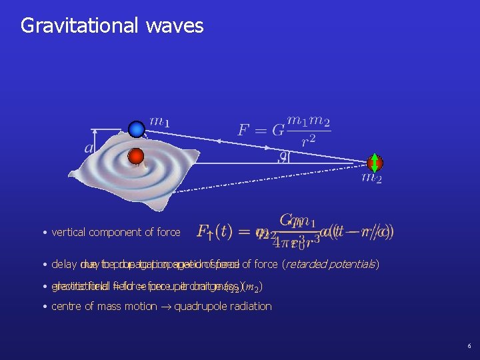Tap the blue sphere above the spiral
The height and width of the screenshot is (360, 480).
tap(137, 129)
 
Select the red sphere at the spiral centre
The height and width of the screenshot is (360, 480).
tap(136, 157)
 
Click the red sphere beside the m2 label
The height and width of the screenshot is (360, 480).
tap(375, 163)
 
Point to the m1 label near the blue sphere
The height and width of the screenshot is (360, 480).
tap(159, 122)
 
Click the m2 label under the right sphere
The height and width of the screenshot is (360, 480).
tap(371, 177)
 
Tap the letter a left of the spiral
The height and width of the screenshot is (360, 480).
tap(89, 147)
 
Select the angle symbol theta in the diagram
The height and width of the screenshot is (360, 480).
tap(284, 157)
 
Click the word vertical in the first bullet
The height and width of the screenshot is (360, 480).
tap(69, 233)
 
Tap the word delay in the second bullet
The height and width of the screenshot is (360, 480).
tap(63, 265)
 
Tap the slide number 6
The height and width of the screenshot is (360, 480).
tap(469, 347)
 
